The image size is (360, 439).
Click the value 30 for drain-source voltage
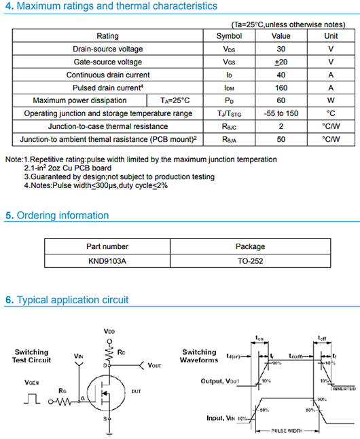pyautogui.click(x=281, y=49)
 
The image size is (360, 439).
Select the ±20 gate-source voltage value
pyautogui.click(x=281, y=62)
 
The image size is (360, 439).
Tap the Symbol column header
pyautogui.click(x=229, y=36)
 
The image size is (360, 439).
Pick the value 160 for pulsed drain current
pyautogui.click(x=281, y=88)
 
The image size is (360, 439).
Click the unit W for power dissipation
pyautogui.click(x=331, y=100)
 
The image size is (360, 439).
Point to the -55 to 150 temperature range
pyautogui.click(x=281, y=113)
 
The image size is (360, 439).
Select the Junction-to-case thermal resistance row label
pyautogui.click(x=107, y=126)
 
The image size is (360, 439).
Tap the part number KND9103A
pyautogui.click(x=107, y=260)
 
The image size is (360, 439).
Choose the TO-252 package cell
pyautogui.click(x=250, y=260)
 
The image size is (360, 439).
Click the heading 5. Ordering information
pyautogui.click(x=56, y=216)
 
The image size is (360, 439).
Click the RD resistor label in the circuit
pyautogui.click(x=121, y=353)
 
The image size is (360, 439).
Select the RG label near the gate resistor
pyautogui.click(x=63, y=390)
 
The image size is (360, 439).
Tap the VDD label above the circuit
pyautogui.click(x=109, y=331)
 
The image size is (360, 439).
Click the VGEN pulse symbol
pyautogui.click(x=31, y=400)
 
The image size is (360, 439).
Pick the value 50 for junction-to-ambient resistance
pyautogui.click(x=281, y=139)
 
